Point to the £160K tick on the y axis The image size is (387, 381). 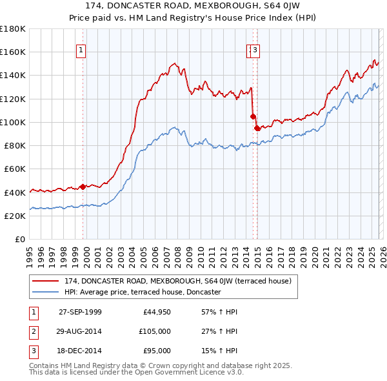pyautogui.click(x=13, y=52)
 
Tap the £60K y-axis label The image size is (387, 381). pyautogui.click(x=15, y=169)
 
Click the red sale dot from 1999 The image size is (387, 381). pyautogui.click(x=83, y=187)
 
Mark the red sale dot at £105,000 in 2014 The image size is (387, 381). pyautogui.click(x=252, y=116)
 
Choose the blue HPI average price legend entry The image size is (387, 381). pyautogui.click(x=143, y=292)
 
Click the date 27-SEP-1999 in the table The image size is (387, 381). pyautogui.click(x=80, y=312)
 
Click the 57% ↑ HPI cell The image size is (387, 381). pyautogui.click(x=215, y=312)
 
